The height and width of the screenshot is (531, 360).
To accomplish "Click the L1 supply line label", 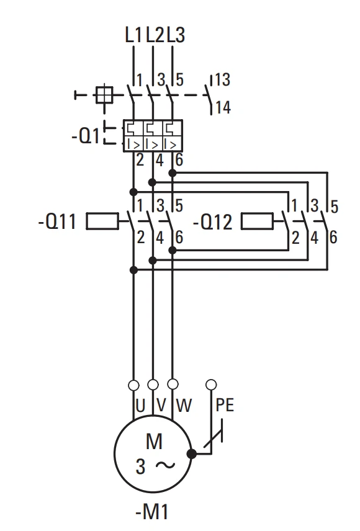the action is coord(133,35).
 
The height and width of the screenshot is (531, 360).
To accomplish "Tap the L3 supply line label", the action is coord(176,35).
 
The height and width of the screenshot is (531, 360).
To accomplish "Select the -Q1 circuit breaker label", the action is coord(86,136).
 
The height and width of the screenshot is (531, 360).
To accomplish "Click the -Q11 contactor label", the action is coord(58,222).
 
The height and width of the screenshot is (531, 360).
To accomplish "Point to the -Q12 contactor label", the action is coord(213,223).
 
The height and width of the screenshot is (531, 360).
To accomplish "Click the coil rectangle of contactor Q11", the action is coord(102,221).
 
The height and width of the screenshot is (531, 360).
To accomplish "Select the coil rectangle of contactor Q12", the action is coord(257,221).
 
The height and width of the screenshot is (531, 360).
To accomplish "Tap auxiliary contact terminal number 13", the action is coord(223,80).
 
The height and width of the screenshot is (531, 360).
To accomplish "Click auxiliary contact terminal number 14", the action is coord(223,107).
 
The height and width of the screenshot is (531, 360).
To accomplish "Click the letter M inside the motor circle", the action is coord(154,441).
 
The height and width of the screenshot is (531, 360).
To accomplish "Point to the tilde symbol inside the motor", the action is coord(166,465).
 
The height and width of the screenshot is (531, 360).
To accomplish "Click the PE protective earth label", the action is coord(225,404).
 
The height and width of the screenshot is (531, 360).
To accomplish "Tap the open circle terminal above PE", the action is coord(211,385).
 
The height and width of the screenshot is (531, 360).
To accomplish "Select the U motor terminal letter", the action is coord(140,405).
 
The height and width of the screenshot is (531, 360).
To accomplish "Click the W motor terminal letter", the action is coord(184,405).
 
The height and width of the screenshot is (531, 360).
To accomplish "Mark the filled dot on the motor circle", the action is coord(192,454).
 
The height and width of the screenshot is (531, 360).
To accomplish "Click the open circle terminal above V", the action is coord(153,385).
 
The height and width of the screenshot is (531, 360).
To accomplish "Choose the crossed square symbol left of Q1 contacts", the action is coord(104,95).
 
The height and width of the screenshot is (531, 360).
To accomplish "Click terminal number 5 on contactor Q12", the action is coord(335,207).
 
